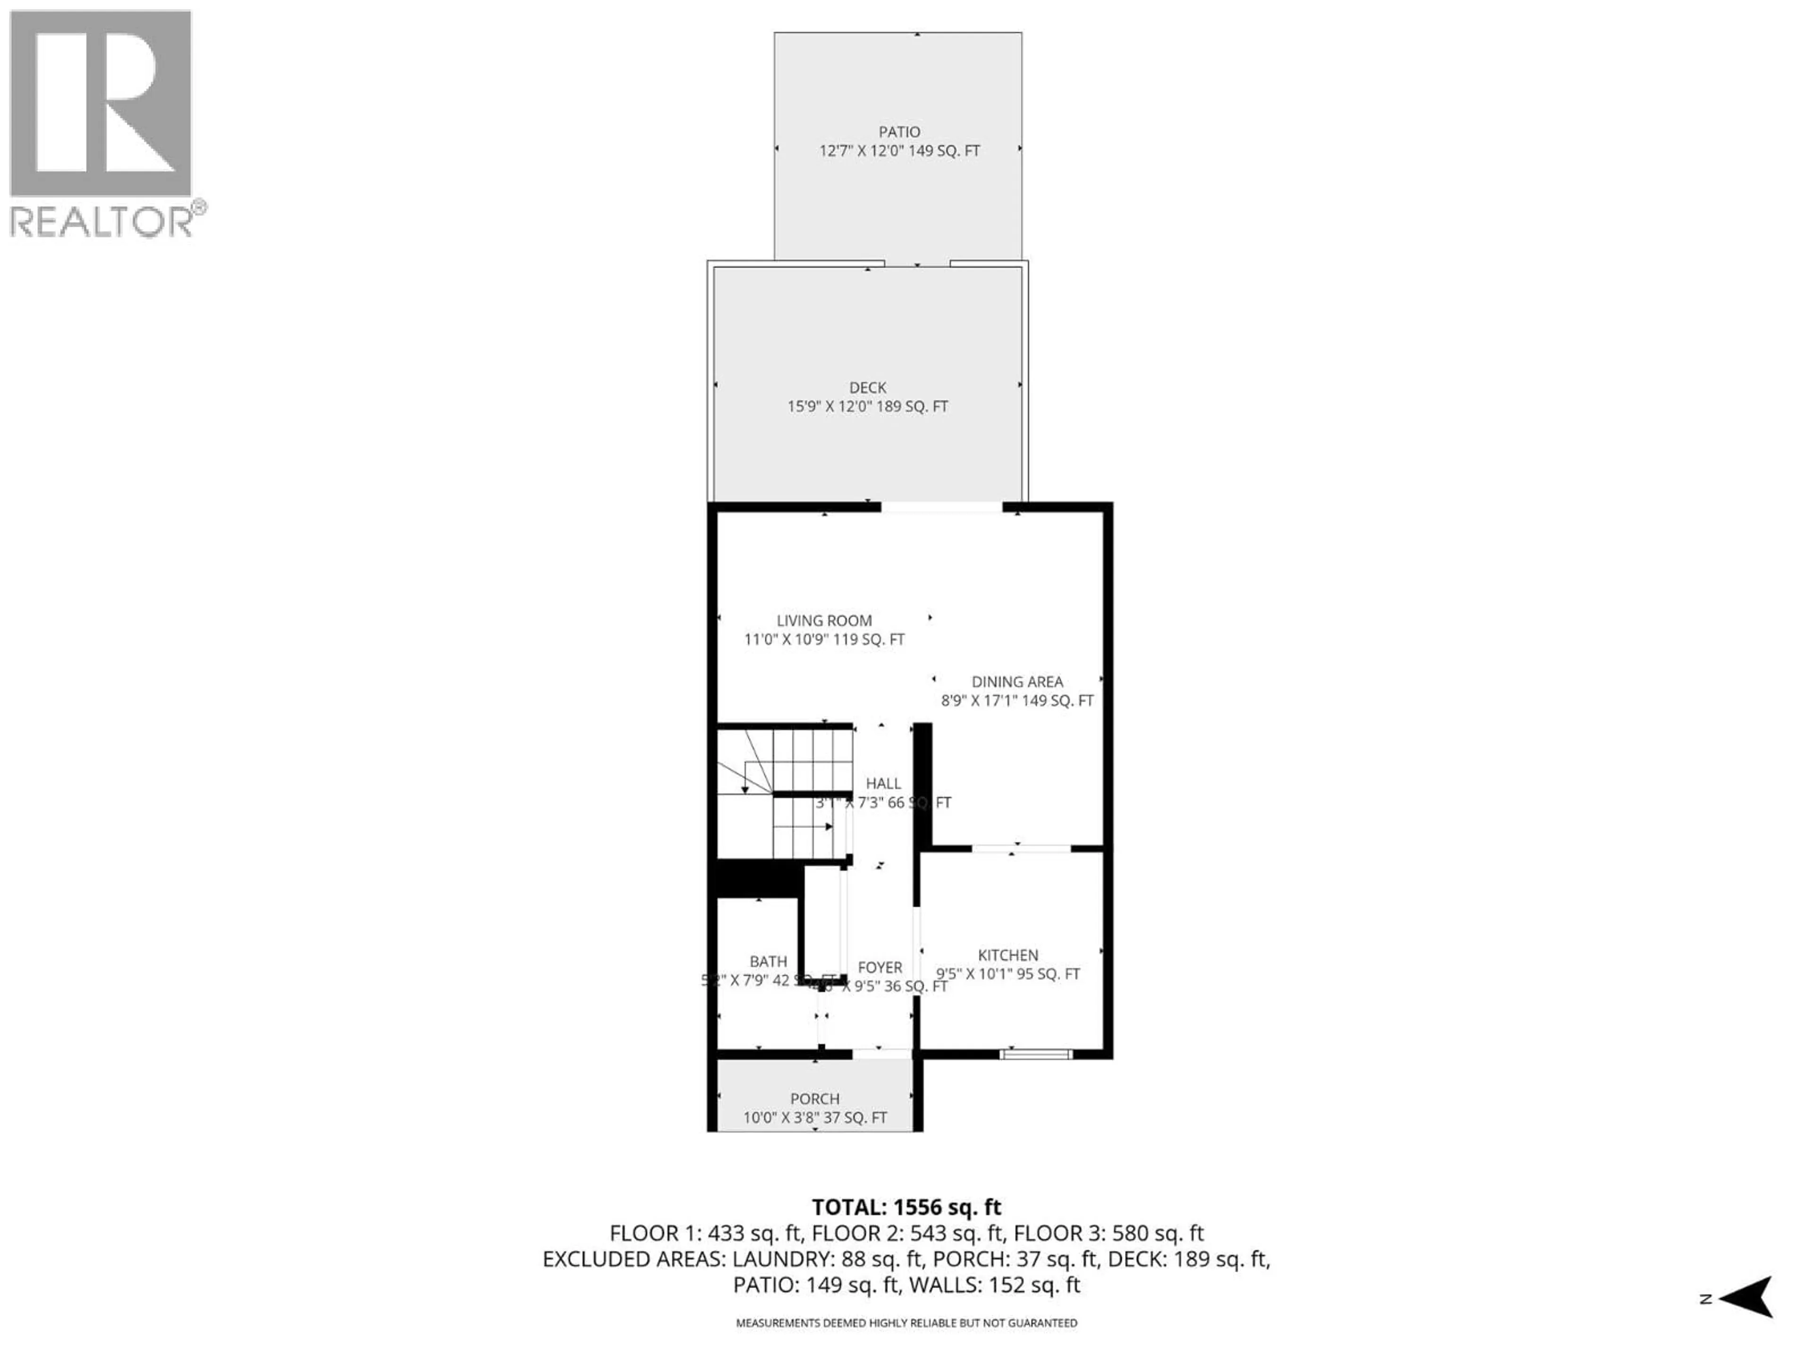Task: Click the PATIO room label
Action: click(x=899, y=132)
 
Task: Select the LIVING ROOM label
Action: click(x=824, y=620)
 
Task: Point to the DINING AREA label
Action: click(x=1017, y=681)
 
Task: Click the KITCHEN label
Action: click(x=1008, y=955)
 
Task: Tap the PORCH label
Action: click(x=815, y=1098)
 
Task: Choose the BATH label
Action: click(x=768, y=961)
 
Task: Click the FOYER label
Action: click(x=880, y=967)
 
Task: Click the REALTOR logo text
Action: click(x=102, y=221)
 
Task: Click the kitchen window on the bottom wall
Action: click(x=1036, y=1054)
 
